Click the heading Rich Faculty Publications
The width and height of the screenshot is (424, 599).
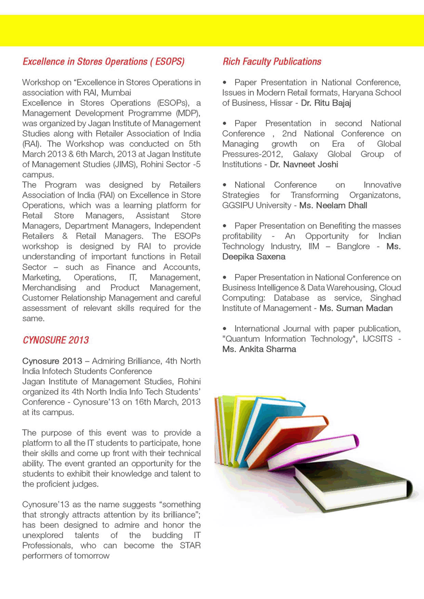coord(271,62)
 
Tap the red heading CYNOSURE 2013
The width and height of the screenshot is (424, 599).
coord(56,340)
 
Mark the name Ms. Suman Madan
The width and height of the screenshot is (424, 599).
coord(356,308)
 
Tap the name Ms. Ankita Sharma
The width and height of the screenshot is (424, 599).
coord(259,349)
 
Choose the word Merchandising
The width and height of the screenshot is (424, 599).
coord(49,287)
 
